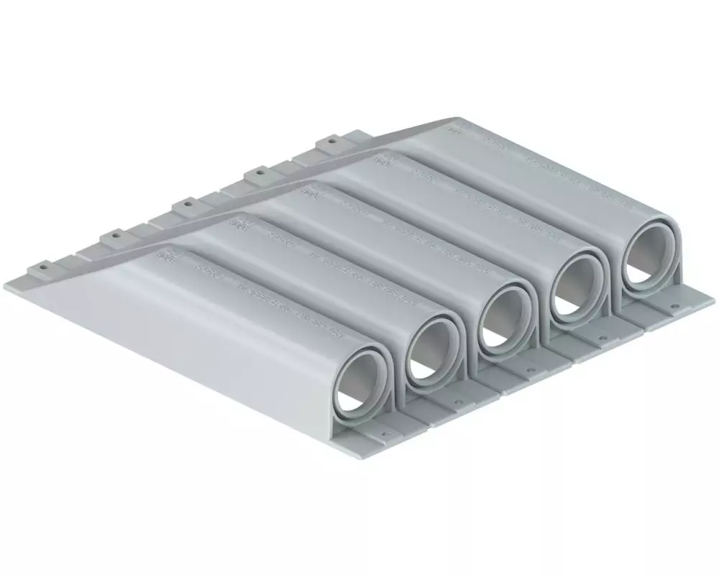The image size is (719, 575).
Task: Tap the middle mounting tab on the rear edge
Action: [186, 204]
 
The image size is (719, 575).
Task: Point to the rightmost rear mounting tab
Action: [331, 142]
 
